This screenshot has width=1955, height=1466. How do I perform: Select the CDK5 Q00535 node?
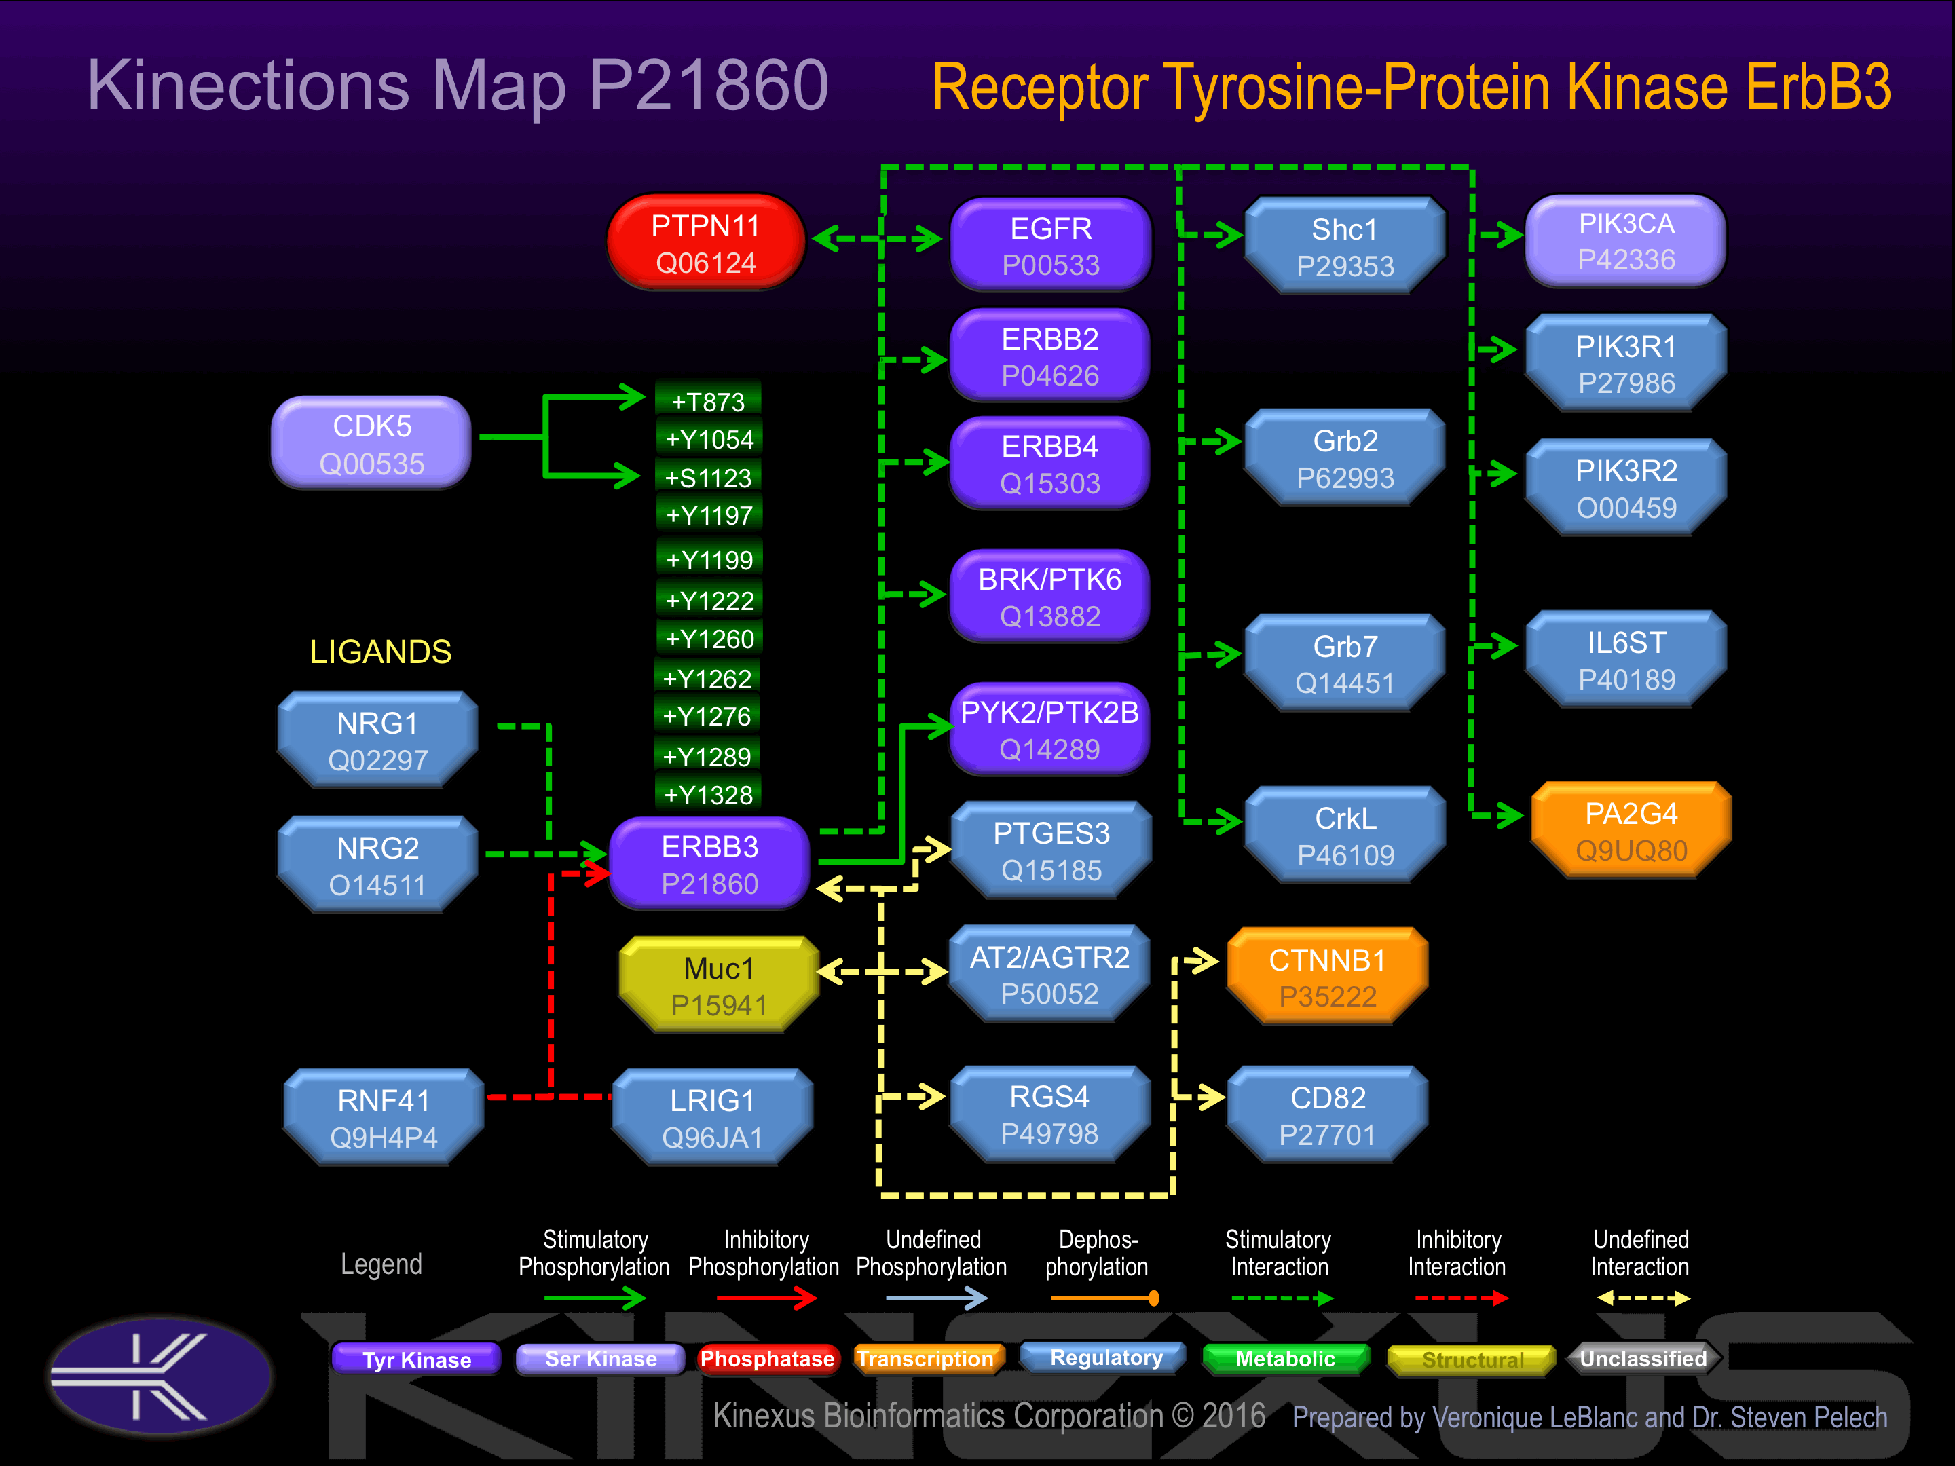[371, 444]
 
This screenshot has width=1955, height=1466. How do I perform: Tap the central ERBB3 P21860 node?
[709, 864]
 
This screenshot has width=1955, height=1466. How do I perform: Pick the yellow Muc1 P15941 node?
[719, 985]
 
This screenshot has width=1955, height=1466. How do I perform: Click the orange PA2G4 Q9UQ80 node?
[1631, 831]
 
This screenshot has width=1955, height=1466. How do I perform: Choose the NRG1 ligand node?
[377, 740]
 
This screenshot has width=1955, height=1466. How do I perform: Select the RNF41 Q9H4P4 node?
[384, 1118]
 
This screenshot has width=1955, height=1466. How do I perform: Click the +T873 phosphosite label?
[708, 402]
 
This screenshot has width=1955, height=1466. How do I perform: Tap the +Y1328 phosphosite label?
[708, 794]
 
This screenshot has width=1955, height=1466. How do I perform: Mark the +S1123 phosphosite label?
[708, 478]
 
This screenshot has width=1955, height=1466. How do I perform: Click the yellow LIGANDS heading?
[380, 652]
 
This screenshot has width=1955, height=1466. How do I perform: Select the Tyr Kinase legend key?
[416, 1359]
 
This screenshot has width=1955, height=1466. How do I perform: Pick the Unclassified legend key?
[1642, 1359]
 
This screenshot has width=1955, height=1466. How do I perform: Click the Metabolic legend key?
[1285, 1359]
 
